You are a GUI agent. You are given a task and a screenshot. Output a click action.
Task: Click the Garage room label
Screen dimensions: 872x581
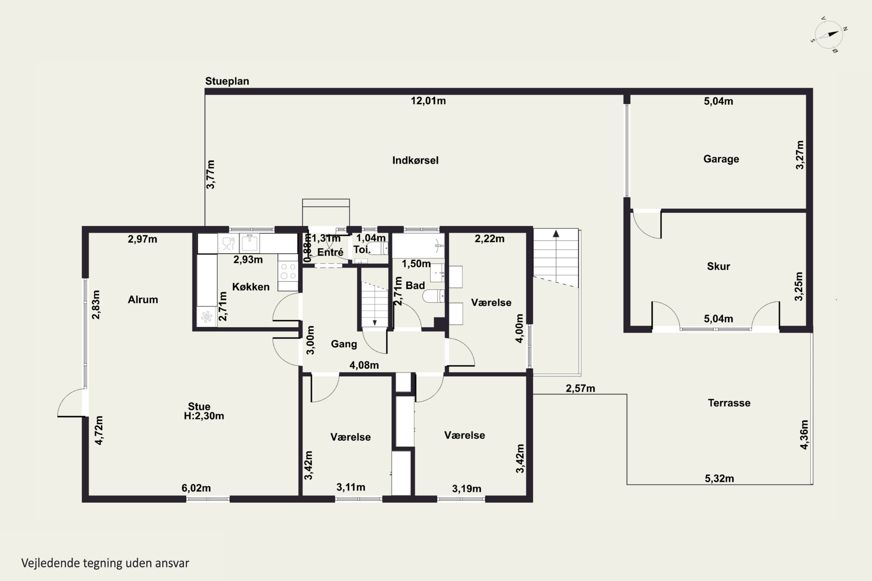tap(721, 159)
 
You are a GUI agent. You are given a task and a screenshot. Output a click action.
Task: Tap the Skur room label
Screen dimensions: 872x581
tap(719, 266)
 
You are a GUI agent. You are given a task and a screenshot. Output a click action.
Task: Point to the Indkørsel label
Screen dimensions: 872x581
tap(415, 160)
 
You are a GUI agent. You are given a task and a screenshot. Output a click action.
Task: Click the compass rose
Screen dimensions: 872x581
tap(829, 35)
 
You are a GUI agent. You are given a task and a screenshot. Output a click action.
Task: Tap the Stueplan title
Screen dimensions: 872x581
tap(227, 81)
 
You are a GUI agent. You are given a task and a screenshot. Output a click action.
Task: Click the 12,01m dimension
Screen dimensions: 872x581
tap(428, 101)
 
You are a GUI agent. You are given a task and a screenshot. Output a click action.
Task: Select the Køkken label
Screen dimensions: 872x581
tap(251, 286)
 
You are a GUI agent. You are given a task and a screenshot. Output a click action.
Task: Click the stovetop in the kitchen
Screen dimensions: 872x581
tap(288, 271)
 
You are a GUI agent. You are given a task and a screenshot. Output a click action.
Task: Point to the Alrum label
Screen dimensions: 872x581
tap(143, 300)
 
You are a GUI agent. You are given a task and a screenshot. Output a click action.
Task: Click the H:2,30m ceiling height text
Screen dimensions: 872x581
tap(204, 416)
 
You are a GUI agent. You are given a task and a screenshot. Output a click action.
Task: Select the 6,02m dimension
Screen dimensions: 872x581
tap(196, 488)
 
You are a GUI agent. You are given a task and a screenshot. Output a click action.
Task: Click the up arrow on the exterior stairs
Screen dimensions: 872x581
tap(556, 234)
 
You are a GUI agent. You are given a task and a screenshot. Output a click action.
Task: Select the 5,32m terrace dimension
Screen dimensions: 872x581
tap(719, 478)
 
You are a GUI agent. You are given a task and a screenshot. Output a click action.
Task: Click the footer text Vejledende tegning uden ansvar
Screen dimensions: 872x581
tap(105, 563)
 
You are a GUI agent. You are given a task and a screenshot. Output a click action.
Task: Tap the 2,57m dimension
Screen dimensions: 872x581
tap(580, 388)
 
